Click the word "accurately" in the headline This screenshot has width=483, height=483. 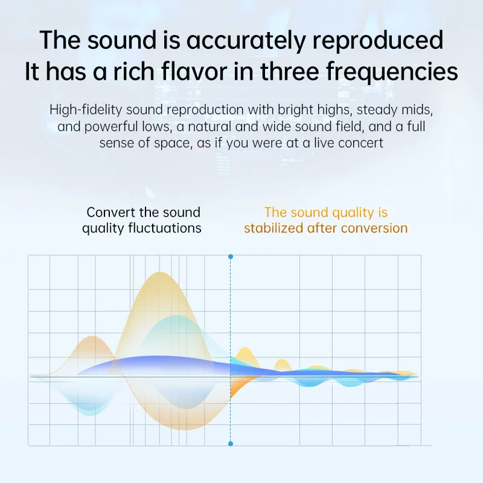click(246, 40)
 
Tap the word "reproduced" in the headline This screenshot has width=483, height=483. click(378, 40)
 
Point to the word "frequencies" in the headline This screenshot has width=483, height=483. click(392, 71)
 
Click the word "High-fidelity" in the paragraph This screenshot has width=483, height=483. click(86, 110)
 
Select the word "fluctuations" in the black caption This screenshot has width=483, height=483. click(164, 228)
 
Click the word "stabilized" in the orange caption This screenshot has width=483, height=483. click(273, 228)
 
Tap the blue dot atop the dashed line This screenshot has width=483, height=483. click(231, 257)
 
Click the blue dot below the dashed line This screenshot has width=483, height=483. click(231, 444)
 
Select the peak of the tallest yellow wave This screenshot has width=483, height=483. click(159, 272)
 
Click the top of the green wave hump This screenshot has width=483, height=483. click(176, 316)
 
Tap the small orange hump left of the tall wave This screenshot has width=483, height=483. click(91, 337)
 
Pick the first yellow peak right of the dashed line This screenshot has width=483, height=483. click(245, 348)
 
